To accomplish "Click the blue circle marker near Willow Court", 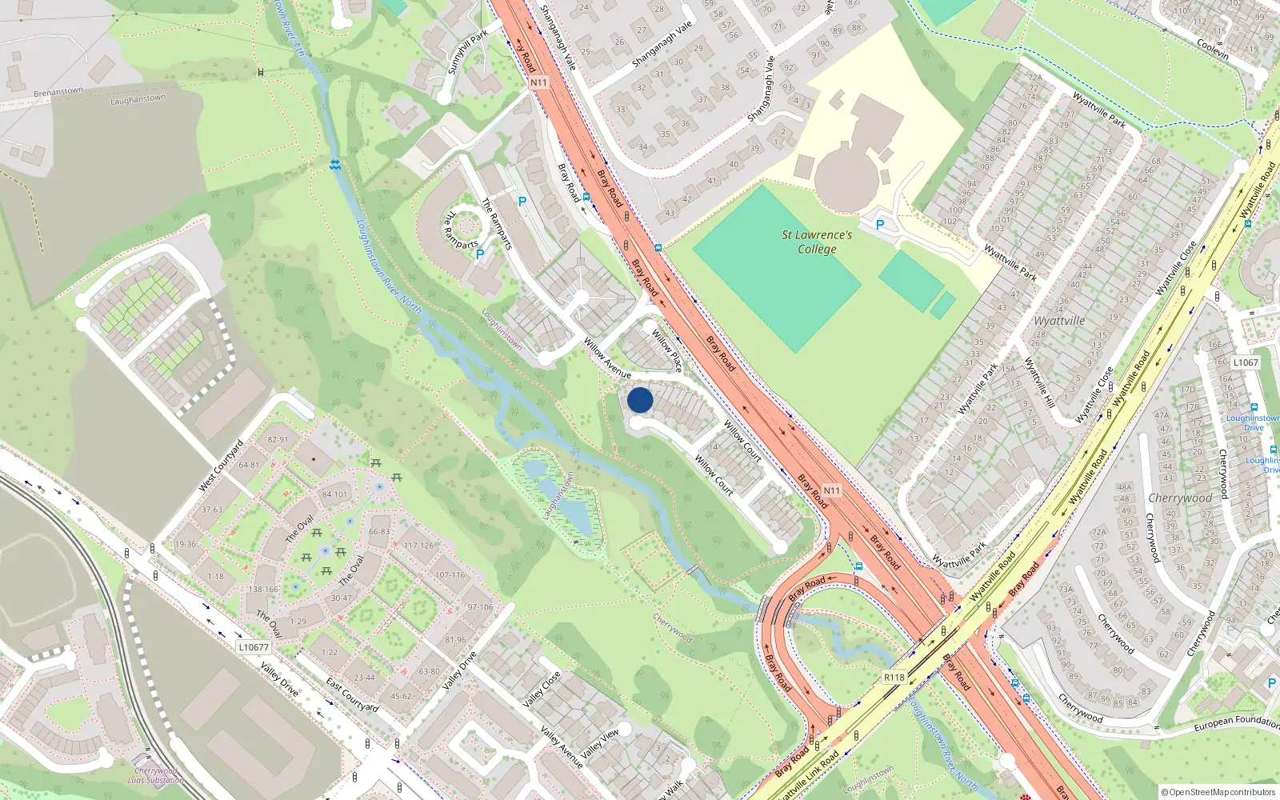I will click(640, 400).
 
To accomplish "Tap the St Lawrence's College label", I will click(817, 242).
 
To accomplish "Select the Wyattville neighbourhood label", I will click(1059, 321).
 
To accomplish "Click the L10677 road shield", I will click(254, 647).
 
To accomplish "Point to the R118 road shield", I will click(894, 678).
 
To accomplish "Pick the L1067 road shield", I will click(1246, 362).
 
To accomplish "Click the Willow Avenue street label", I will click(606, 358).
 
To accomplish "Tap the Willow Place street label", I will click(667, 351).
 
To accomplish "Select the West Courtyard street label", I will click(221, 466).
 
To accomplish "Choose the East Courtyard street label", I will click(352, 694).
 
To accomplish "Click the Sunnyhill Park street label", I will click(467, 52).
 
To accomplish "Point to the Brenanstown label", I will click(58, 93).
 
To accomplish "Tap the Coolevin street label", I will click(1214, 49).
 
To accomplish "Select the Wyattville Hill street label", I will click(1040, 382).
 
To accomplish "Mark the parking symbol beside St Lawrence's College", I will click(880, 226).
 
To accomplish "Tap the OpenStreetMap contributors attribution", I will click(1218, 793).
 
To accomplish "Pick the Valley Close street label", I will click(542, 689).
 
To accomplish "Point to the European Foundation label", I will click(1236, 722).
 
